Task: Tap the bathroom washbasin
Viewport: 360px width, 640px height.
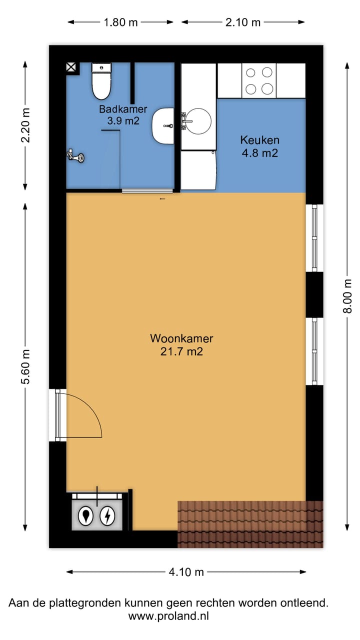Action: pyautogui.click(x=162, y=125)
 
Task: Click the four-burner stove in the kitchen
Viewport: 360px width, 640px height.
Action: pyautogui.click(x=259, y=80)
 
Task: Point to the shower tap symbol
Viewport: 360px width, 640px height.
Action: pyautogui.click(x=75, y=156)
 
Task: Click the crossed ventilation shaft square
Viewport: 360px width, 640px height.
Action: pyautogui.click(x=72, y=67)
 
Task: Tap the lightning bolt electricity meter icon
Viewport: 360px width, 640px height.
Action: pyautogui.click(x=107, y=516)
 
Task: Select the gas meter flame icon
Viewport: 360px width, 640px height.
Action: pyautogui.click(x=87, y=516)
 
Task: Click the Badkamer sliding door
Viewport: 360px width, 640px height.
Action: pyautogui.click(x=147, y=190)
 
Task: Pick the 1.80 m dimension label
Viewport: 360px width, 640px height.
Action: pyautogui.click(x=120, y=22)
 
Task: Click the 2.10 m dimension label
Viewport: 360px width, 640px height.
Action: pyautogui.click(x=242, y=22)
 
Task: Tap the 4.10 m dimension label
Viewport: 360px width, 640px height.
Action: pyautogui.click(x=186, y=572)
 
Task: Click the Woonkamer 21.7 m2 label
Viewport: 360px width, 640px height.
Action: pyautogui.click(x=181, y=345)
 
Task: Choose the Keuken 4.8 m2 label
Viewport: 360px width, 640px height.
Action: pyautogui.click(x=259, y=146)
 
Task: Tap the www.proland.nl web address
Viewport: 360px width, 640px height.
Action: pyautogui.click(x=168, y=616)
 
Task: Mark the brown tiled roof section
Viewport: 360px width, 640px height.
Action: pyautogui.click(x=250, y=524)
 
